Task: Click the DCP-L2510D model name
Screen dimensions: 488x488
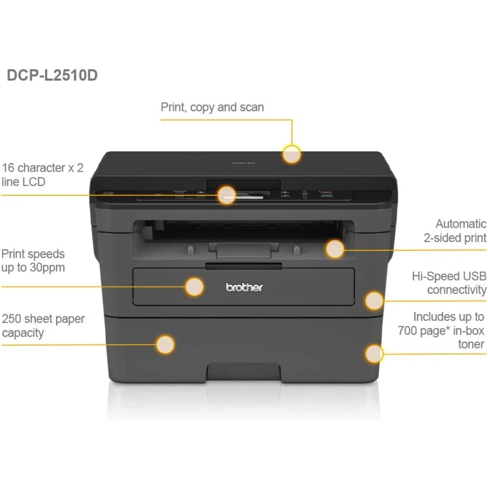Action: [52, 75]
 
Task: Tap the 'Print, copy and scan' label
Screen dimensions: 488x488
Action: [212, 108]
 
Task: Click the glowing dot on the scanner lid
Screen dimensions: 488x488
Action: [291, 154]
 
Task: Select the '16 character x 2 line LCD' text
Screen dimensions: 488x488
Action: [42, 174]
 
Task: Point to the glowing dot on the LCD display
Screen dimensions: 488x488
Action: [227, 195]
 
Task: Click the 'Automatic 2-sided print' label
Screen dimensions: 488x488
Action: [455, 230]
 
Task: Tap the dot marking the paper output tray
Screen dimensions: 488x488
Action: [335, 249]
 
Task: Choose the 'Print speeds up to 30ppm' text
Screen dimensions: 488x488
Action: [33, 261]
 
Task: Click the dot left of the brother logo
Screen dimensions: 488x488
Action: [195, 287]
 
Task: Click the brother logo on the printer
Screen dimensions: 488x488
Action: [244, 287]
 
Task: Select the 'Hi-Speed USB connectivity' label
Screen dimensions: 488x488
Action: [449, 283]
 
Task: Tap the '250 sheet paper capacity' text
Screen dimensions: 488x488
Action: [43, 326]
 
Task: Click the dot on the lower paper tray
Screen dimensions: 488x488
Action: [165, 344]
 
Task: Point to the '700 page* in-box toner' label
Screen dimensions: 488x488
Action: [441, 330]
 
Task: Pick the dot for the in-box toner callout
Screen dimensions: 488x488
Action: [374, 354]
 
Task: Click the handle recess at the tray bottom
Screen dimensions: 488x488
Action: [244, 372]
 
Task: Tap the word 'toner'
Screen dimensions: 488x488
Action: [471, 344]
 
